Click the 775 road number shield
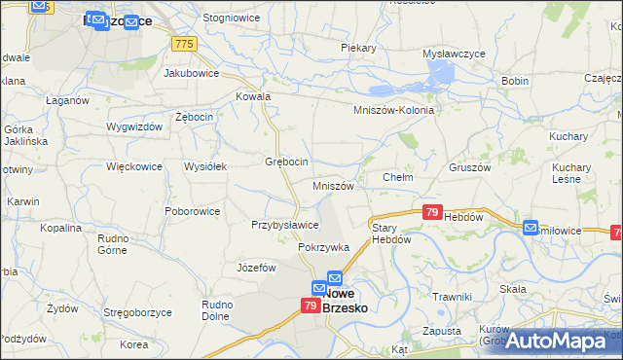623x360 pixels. pyautogui.click(x=184, y=44)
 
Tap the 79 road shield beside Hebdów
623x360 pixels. pyautogui.click(x=433, y=211)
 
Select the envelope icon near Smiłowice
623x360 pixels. pyautogui.click(x=531, y=228)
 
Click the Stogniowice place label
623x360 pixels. pyautogui.click(x=229, y=18)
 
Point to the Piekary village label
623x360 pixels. pyautogui.click(x=358, y=47)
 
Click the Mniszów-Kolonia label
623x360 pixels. pyautogui.click(x=393, y=110)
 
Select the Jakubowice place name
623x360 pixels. pyautogui.click(x=192, y=72)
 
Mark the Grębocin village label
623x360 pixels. pyautogui.click(x=287, y=161)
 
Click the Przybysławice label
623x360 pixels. pyautogui.click(x=285, y=224)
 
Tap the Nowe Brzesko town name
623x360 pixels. pyautogui.click(x=350, y=299)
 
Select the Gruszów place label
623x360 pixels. pyautogui.click(x=470, y=166)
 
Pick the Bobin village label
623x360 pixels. pyautogui.click(x=515, y=81)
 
